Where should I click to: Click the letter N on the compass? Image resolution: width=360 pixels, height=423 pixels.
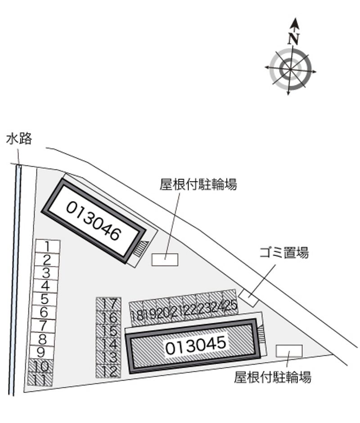(x=294, y=39)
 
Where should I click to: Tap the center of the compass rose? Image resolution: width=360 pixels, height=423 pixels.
(x=290, y=69)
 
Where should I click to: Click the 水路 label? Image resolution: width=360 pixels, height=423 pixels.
(x=19, y=138)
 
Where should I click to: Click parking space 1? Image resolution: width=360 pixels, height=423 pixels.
(x=48, y=247)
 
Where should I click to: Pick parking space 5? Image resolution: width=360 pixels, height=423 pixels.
(x=45, y=299)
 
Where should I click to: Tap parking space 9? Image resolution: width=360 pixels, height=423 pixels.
(x=41, y=352)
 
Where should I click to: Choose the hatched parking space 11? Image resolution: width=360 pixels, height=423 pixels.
(x=40, y=378)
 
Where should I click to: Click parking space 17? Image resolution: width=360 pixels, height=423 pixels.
(x=108, y=304)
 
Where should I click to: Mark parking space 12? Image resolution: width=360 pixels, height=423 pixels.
(x=108, y=371)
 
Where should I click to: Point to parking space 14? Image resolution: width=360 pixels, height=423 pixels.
(x=108, y=344)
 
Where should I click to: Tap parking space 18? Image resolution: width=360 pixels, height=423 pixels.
(x=137, y=313)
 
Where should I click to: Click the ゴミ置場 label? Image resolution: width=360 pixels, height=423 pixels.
(x=284, y=253)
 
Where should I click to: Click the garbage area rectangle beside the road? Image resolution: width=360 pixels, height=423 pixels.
(x=248, y=298)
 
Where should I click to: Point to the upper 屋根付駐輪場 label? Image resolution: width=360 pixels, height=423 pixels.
(x=198, y=184)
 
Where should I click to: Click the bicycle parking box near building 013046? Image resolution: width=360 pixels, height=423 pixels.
(x=165, y=259)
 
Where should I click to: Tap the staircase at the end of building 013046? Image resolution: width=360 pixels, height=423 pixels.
(x=141, y=248)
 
